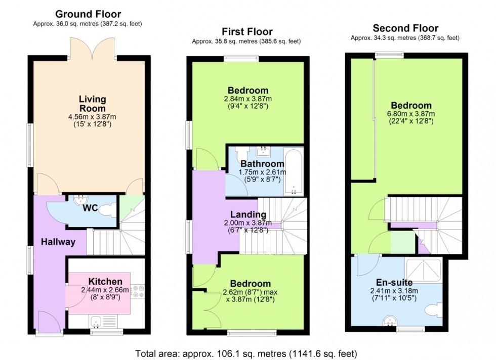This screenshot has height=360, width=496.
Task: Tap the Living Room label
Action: [x=93, y=104]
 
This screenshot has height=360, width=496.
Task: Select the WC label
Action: [x=90, y=208]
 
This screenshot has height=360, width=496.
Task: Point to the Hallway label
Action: [x=59, y=242]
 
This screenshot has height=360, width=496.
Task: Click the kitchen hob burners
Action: [x=138, y=291]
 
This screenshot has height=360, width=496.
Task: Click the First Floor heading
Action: [x=247, y=32]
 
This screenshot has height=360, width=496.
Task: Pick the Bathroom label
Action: [x=262, y=164]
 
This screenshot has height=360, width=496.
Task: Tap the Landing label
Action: [x=248, y=214]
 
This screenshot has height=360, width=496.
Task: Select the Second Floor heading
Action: [x=405, y=28]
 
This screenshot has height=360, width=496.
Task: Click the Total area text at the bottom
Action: [x=246, y=353]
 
